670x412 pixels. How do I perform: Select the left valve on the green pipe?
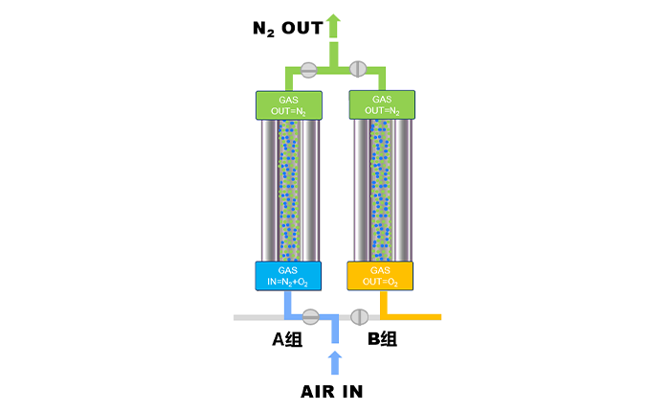click(x=308, y=69)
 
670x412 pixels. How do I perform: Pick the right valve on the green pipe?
click(x=358, y=69)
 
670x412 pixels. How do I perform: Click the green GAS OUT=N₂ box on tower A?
click(x=288, y=105)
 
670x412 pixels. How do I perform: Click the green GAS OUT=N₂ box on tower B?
click(x=381, y=104)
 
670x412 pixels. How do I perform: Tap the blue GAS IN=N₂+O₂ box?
click(x=288, y=276)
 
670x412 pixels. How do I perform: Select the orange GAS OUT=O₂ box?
click(x=380, y=276)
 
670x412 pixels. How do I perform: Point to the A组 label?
click(x=282, y=339)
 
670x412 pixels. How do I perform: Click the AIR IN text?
click(x=331, y=391)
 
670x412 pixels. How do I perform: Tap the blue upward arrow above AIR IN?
click(x=334, y=362)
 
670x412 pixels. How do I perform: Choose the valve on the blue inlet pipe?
click(x=310, y=316)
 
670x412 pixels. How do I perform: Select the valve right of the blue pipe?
click(x=360, y=316)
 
